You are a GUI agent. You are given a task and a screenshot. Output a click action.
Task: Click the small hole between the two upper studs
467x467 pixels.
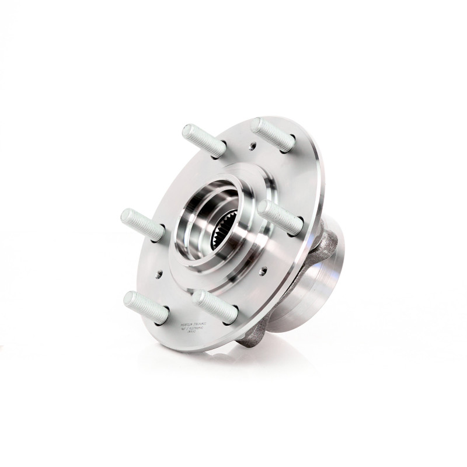(x=253, y=147)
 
